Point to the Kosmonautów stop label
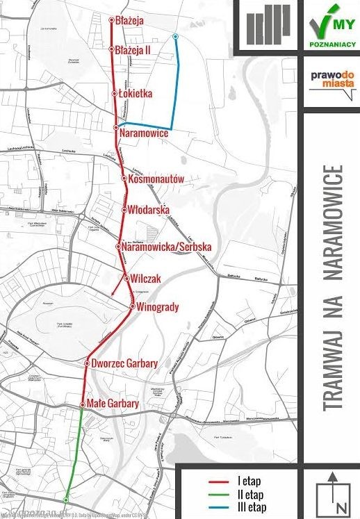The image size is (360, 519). (x=156, y=179)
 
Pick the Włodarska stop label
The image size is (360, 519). (x=150, y=210)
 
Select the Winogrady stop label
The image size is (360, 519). (x=160, y=306)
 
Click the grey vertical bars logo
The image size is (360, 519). (x=267, y=25)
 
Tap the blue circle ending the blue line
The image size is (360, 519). (x=175, y=36)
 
